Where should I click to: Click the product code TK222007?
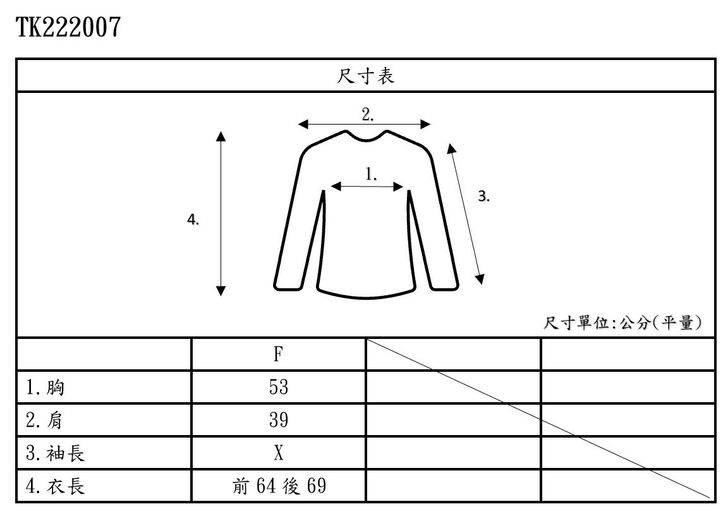68,27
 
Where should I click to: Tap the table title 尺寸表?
365,77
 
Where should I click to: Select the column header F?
278,354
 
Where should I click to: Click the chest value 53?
278,388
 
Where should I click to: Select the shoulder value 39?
278,421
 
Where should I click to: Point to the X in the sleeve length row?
278,453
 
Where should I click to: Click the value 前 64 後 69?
279,486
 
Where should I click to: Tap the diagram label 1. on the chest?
372,174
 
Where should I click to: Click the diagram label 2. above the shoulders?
368,114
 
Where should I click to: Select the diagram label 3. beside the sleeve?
483,197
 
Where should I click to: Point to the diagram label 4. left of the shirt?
193,219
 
